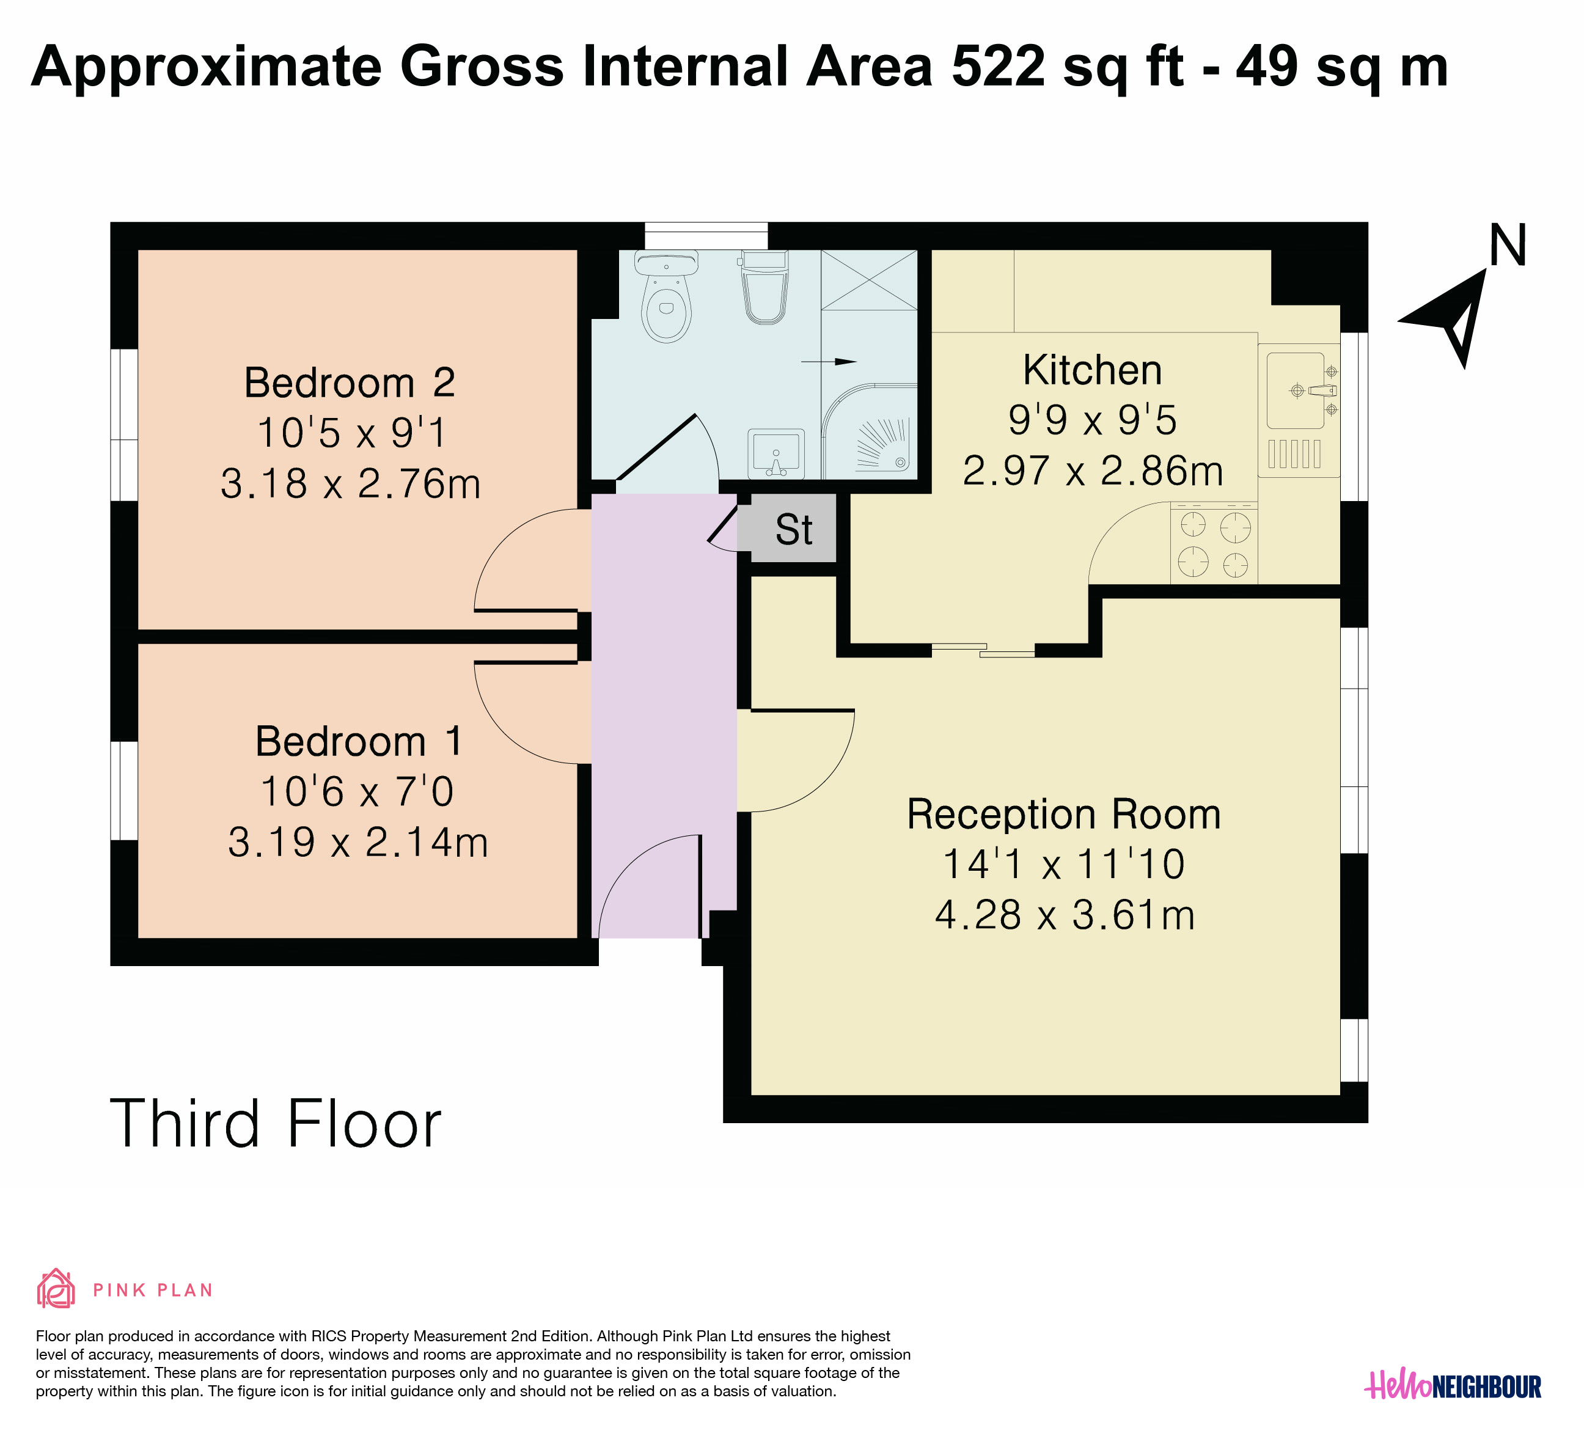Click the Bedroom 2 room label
coord(350,383)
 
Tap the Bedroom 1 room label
coord(359,742)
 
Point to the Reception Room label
coord(1064,814)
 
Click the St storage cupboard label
coord(794,529)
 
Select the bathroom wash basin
coord(776,454)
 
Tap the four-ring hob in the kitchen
coord(1214,544)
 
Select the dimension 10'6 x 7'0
coord(357,791)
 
